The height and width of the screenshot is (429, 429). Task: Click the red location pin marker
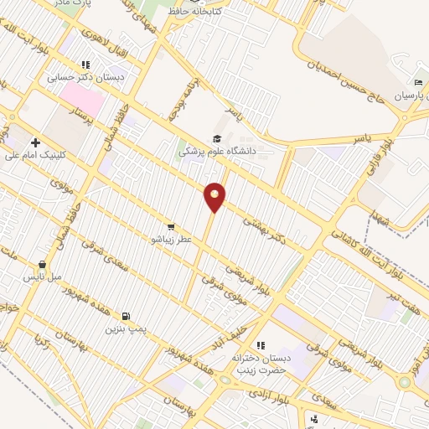point(215,196)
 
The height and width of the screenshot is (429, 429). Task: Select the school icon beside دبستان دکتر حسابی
point(85,64)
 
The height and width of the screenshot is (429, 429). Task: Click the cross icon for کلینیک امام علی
point(35,142)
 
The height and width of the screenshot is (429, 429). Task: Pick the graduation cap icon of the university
point(217,139)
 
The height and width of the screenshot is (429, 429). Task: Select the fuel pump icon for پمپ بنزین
point(126,317)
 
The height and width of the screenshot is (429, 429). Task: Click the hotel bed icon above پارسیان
point(416,82)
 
